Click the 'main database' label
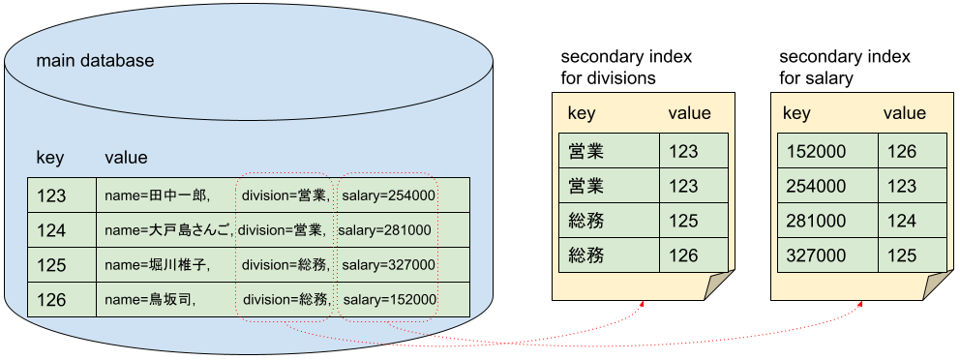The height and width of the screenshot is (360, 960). pos(95,61)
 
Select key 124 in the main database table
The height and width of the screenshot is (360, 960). pos(51,230)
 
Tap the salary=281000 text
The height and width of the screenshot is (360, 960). pos(384,230)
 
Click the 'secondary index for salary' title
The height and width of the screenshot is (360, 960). pos(844,68)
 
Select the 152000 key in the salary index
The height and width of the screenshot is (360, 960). pos(817,152)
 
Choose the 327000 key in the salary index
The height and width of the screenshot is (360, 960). pos(817,256)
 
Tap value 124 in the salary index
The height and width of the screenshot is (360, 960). pos(900,222)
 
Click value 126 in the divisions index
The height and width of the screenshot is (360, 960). pos(682,256)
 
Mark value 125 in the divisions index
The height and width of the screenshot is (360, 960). pos(682,222)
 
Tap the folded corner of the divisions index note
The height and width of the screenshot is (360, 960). pos(721,287)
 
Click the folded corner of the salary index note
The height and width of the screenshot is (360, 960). pos(938,287)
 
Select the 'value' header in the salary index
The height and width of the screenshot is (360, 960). pos(904,113)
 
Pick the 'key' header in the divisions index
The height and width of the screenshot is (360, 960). pos(582,113)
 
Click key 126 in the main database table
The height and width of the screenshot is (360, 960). pos(51,300)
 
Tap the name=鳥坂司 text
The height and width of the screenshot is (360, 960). pos(150,300)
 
